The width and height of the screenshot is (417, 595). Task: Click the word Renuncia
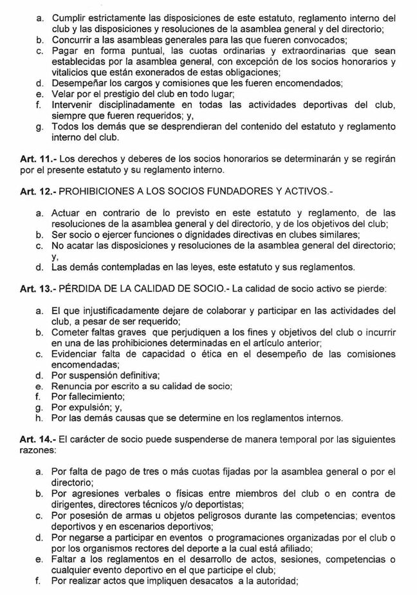point(71,386)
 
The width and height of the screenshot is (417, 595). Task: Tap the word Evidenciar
point(77,354)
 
